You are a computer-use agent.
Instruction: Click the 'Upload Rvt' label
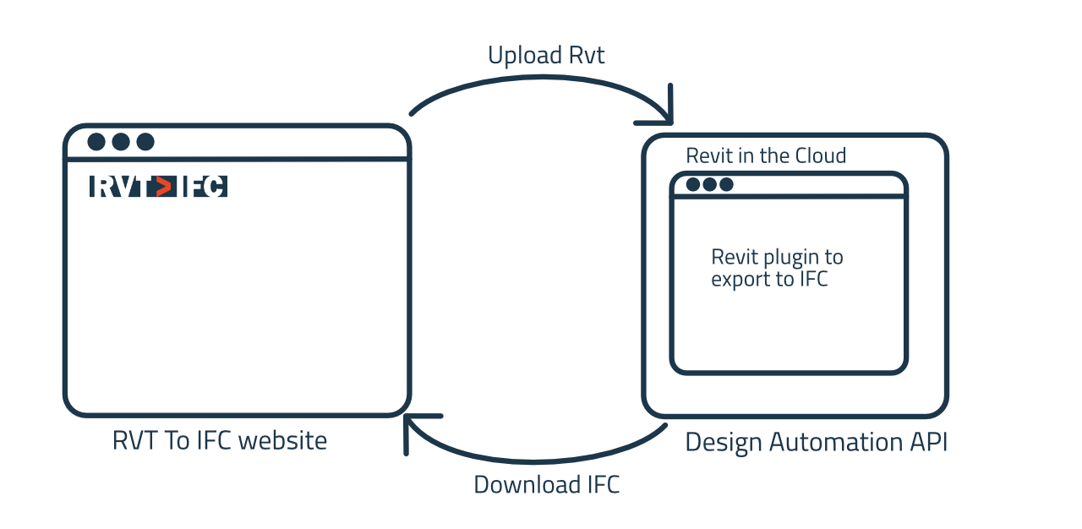point(546,56)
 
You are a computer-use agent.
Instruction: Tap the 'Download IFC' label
point(546,485)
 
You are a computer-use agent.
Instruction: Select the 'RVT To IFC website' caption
point(220,440)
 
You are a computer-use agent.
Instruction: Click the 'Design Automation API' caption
point(816,442)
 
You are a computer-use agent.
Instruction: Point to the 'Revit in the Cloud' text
point(766,155)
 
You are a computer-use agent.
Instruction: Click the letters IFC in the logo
point(204,186)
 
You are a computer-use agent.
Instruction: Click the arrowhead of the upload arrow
point(664,110)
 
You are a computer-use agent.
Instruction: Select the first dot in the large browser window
point(96,142)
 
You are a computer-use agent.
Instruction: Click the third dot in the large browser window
point(145,142)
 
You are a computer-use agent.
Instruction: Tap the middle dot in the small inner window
point(710,184)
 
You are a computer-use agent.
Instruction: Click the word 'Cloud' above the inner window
point(820,155)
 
